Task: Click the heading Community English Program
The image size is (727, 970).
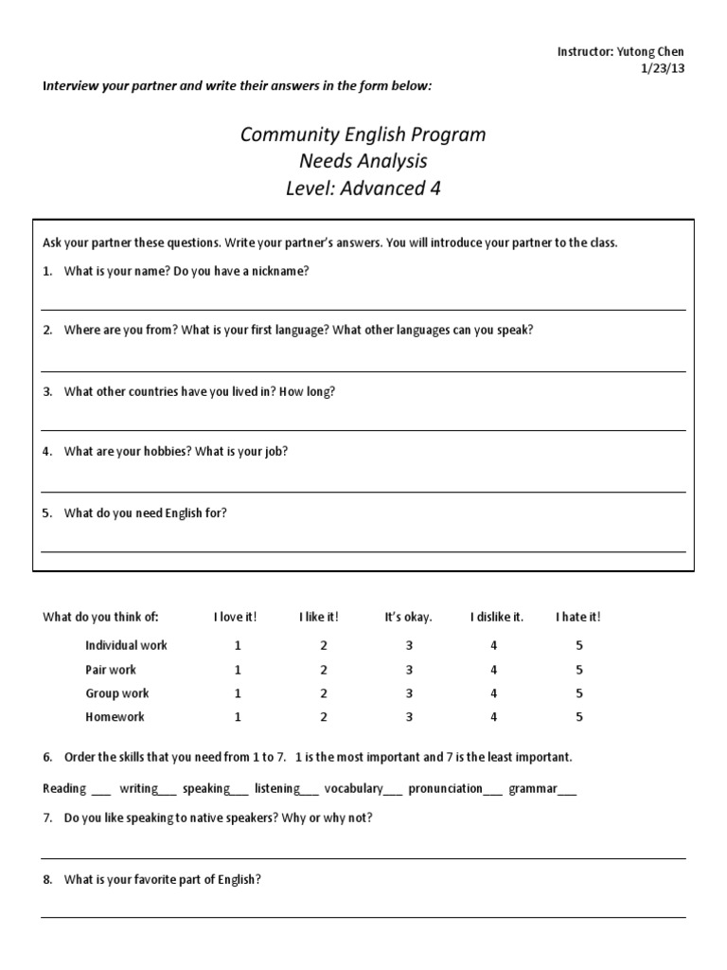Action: (363, 135)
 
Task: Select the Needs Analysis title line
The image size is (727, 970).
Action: (363, 161)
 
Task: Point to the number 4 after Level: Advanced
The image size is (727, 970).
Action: (434, 189)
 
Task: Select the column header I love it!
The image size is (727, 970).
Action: (235, 617)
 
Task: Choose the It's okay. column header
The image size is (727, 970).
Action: (408, 617)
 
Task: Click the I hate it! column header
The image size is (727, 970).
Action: (577, 617)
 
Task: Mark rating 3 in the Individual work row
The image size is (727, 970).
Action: (409, 645)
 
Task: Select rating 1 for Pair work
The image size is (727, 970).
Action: (238, 670)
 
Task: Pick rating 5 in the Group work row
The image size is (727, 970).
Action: (579, 693)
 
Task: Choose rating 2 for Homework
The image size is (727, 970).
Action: (324, 717)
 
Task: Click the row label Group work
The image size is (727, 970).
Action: (117, 693)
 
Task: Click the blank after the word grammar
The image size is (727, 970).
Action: (566, 790)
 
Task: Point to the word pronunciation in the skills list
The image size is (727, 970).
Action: (445, 788)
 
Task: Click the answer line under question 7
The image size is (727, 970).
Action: (363, 858)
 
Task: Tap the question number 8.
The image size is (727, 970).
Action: (47, 879)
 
